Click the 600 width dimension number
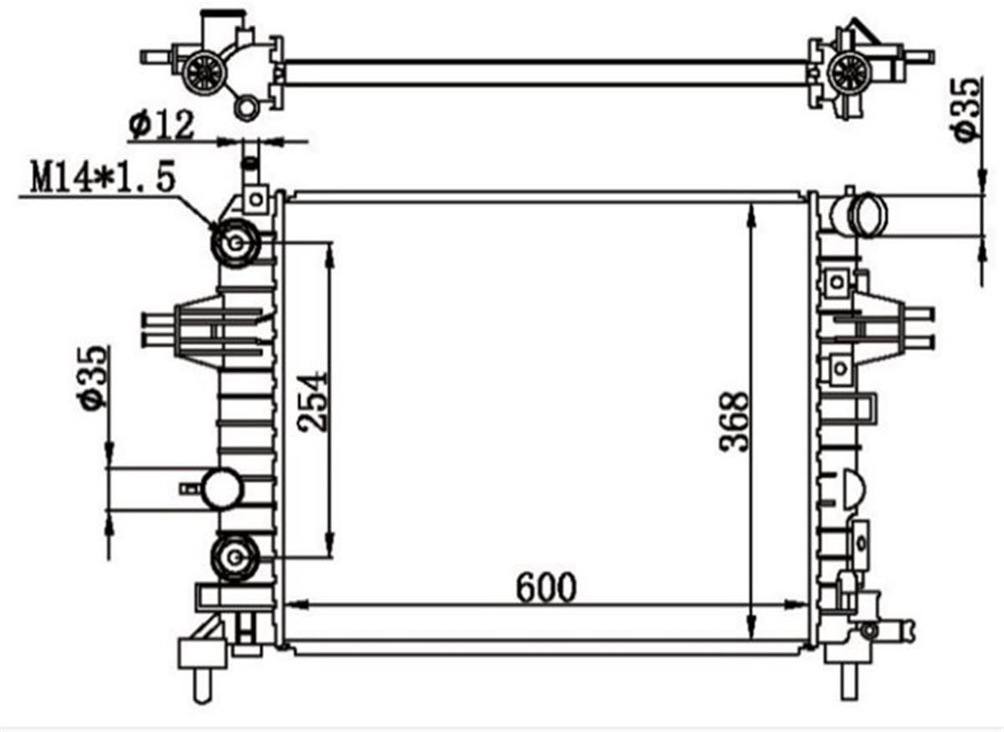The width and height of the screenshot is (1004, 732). coord(546,587)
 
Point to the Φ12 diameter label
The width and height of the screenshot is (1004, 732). coord(161,125)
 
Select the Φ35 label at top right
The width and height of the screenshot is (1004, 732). coord(965,107)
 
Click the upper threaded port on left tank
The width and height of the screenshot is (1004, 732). coord(235,243)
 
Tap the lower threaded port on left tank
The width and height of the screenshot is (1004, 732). coord(234,556)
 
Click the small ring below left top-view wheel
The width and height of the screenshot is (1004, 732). coord(248,106)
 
